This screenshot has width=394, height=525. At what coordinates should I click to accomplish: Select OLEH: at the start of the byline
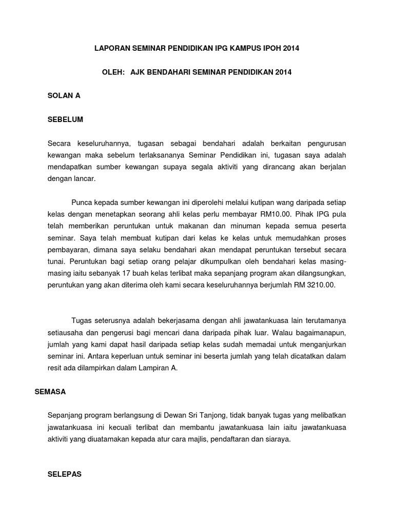pyautogui.click(x=113, y=72)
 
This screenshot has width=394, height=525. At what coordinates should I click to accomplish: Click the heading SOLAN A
pyautogui.click(x=64, y=96)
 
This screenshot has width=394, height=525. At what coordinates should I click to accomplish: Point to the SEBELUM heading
pyautogui.click(x=65, y=119)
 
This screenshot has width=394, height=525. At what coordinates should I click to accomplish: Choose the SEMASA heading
pyautogui.click(x=50, y=391)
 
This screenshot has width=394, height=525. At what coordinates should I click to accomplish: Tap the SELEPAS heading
pyautogui.click(x=64, y=474)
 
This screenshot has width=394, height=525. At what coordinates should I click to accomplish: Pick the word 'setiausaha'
pyautogui.click(x=64, y=332)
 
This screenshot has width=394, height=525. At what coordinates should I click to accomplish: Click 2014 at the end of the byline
pyautogui.click(x=283, y=72)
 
